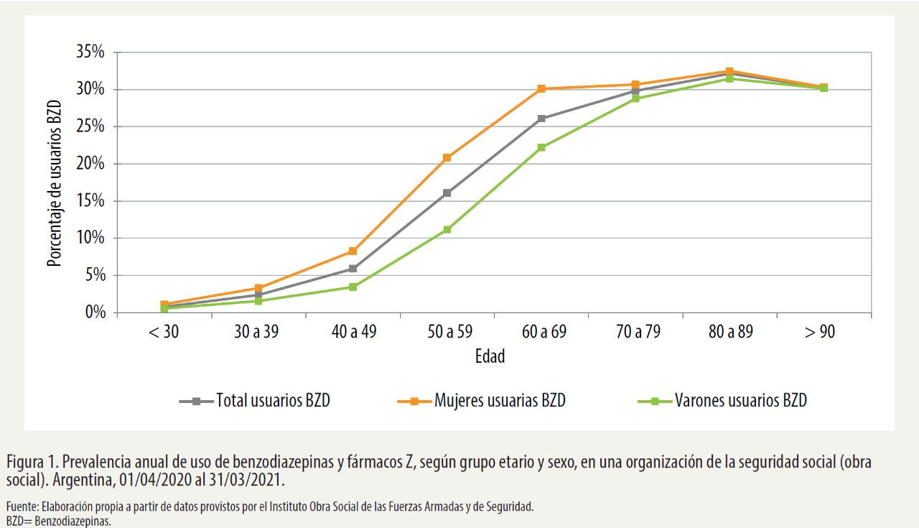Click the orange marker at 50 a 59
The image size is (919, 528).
coord(447,157)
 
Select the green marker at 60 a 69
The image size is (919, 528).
coord(541,147)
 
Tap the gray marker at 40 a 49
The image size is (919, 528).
coord(353,269)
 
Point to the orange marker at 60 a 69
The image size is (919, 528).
coord(541,89)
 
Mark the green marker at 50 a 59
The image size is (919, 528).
coord(447,230)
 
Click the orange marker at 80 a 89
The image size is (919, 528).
coord(729,71)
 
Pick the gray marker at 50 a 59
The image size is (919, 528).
coord(447,193)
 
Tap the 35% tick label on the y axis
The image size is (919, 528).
coord(90,52)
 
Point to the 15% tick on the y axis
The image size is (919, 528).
coord(90,201)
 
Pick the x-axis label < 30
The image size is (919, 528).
coord(164,332)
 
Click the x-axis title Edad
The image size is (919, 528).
coord(490,356)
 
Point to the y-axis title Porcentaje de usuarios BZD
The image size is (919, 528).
coord(55,183)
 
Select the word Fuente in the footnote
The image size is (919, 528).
coord(21,506)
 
